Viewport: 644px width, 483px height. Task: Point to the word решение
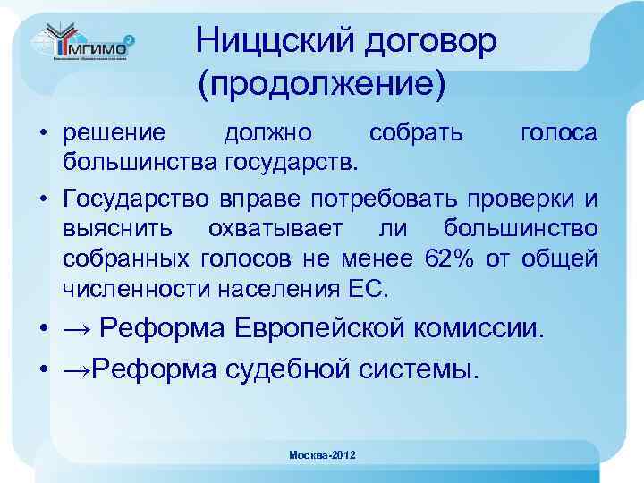pos(114,133)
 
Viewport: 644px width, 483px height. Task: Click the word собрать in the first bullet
pos(417,133)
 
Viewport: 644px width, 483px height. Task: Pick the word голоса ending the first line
pos(558,133)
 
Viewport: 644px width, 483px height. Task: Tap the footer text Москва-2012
pos(322,455)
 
